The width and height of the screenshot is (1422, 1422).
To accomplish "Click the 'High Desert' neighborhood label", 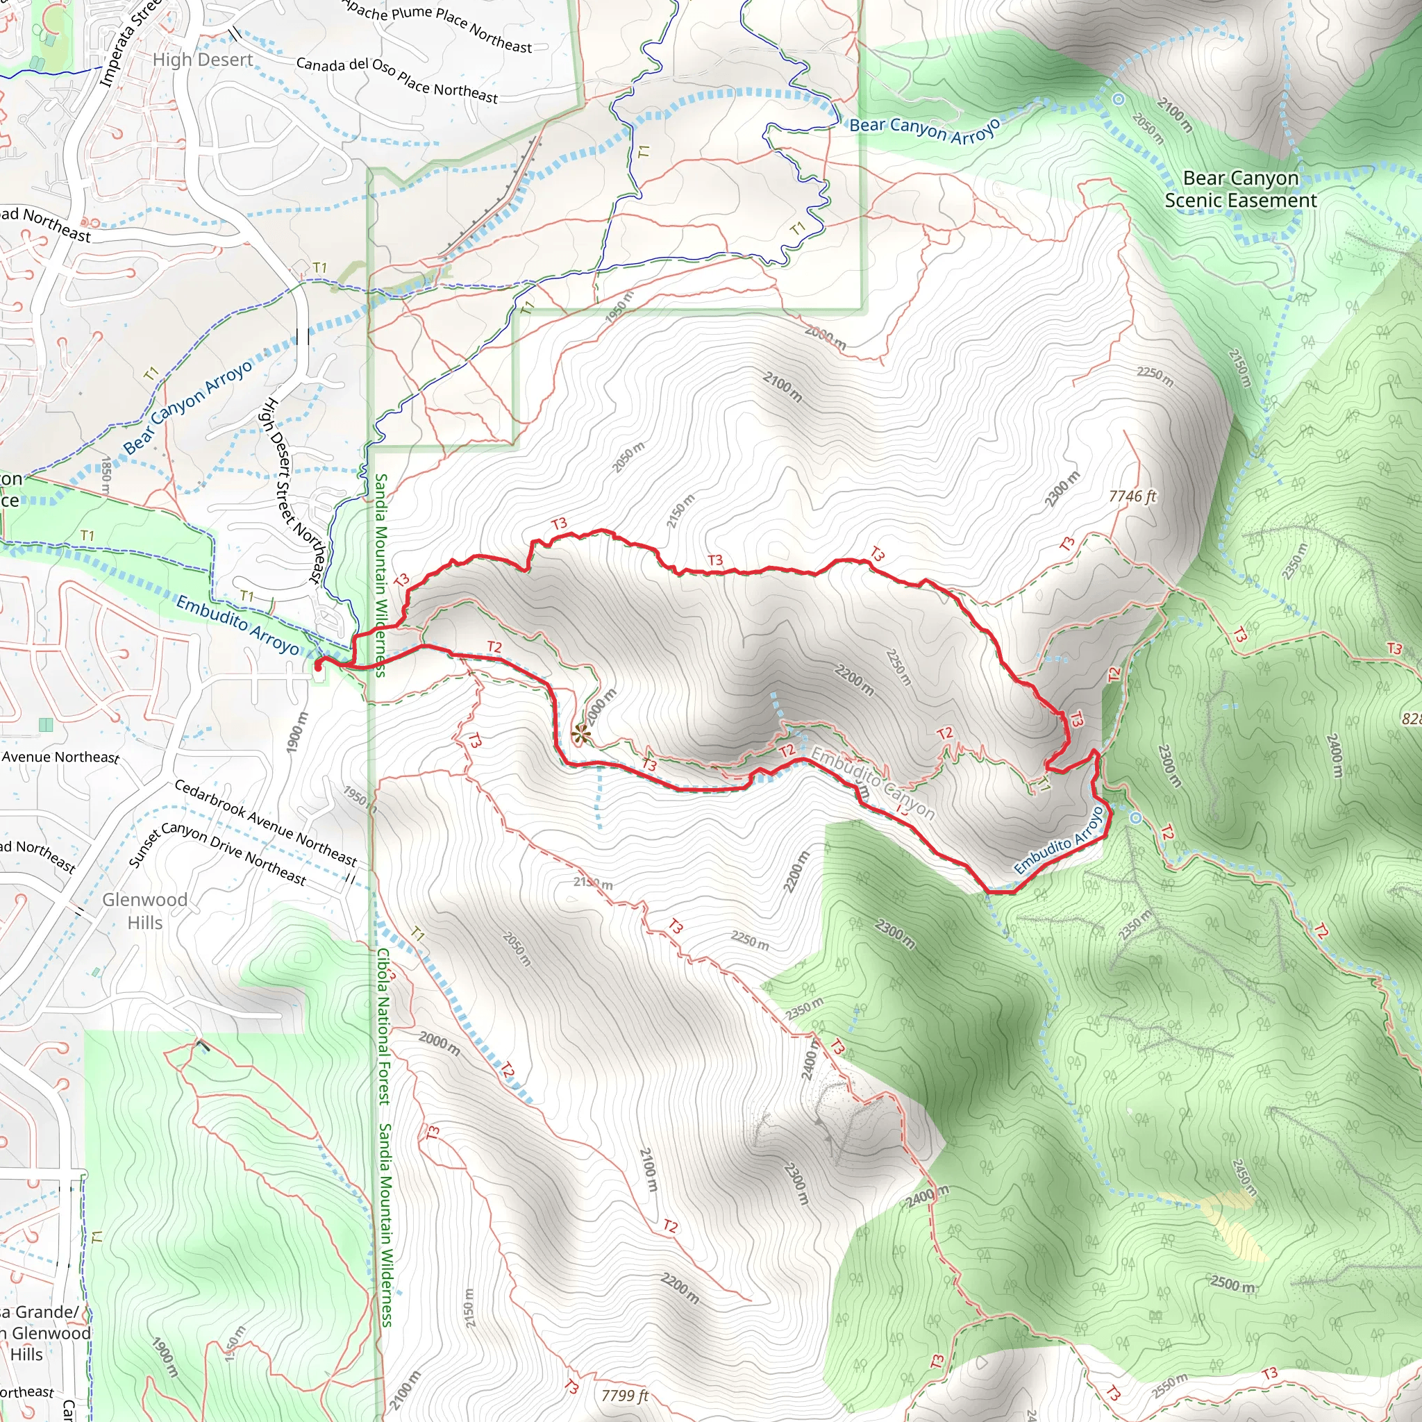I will (x=203, y=60).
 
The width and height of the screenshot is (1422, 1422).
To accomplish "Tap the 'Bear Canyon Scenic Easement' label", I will (x=1240, y=189).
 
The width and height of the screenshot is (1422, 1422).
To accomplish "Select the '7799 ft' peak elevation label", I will (x=624, y=1396).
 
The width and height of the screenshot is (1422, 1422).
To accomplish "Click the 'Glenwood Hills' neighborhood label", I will (x=145, y=910).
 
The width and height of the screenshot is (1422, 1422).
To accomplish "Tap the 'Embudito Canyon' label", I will (x=873, y=783).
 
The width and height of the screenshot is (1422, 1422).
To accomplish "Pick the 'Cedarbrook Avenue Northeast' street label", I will (x=265, y=822).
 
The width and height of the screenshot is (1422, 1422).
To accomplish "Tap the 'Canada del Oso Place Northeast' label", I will (x=396, y=79).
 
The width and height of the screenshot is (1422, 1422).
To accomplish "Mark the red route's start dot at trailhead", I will (x=318, y=666).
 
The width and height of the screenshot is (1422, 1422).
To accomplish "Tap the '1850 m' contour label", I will (x=106, y=475).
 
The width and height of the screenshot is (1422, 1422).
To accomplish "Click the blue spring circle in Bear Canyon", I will (x=1118, y=99).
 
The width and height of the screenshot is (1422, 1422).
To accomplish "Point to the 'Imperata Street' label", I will (x=131, y=44).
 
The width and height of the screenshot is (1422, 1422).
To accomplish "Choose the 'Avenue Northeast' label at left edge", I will (x=60, y=757).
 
